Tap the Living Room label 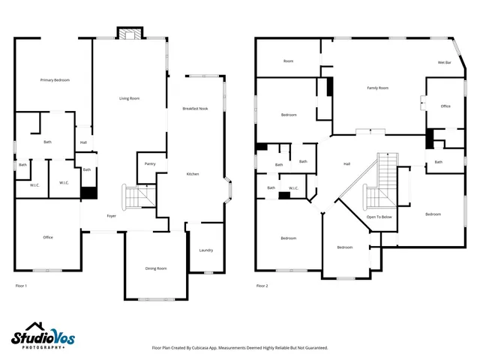tap(130, 98)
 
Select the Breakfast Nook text tap(195, 109)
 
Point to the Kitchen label tap(193, 174)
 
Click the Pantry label tap(150, 163)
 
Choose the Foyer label tap(111, 215)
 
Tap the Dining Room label tap(156, 268)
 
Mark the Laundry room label tap(205, 250)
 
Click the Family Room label tap(377, 88)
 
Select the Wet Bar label tap(444, 62)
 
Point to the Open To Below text tap(379, 217)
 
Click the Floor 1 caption tap(21, 286)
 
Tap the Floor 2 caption tap(262, 286)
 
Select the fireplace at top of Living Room tap(129, 33)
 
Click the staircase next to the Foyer tap(137, 196)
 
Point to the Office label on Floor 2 tap(445, 106)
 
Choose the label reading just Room tap(288, 61)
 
